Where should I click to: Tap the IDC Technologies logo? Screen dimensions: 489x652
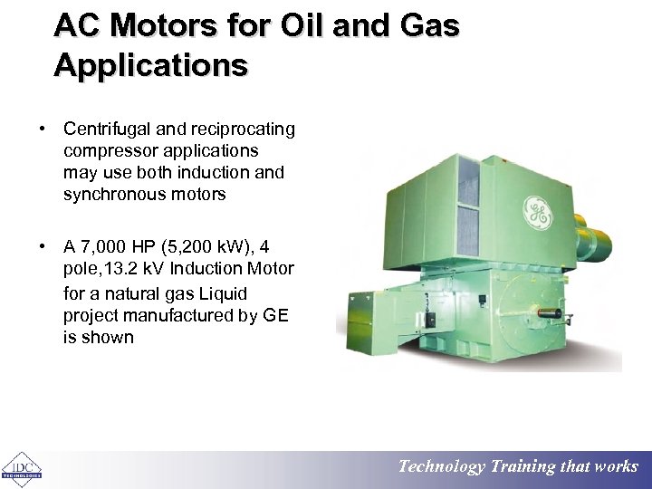click(x=21, y=468)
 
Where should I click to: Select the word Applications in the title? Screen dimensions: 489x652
click(x=149, y=65)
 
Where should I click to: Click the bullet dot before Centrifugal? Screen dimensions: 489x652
click(x=43, y=129)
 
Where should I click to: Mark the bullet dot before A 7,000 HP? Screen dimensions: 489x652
click(x=43, y=246)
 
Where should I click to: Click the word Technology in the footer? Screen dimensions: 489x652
click(x=442, y=467)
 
